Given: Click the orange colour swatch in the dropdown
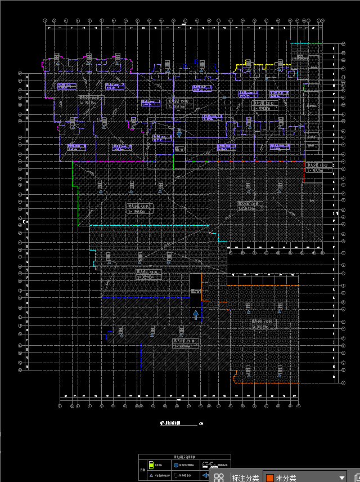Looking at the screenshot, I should pos(270,478).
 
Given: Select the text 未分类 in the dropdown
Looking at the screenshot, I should pos(286,478).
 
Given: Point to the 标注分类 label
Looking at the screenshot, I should pos(245,478).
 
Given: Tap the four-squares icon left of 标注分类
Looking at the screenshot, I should pos(219,478).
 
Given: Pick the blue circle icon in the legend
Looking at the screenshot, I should pos(175,465).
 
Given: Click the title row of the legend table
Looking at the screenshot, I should pos(184,457).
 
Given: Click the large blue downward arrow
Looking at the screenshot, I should pos(179,133).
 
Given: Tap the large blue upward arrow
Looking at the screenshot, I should pos(196,314).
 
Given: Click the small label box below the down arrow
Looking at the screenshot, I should pos(179,149).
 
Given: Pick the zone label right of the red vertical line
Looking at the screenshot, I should pos(315,168).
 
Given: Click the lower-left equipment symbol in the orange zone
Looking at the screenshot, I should pos(248,370).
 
